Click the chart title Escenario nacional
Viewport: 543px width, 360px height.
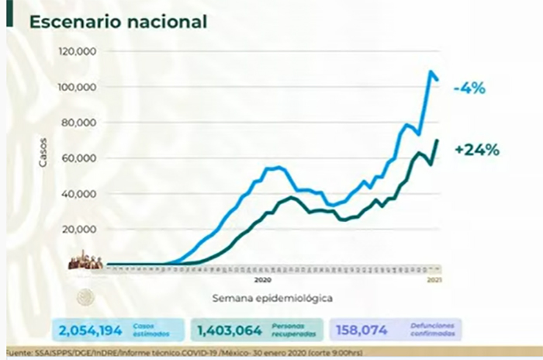(x=118, y=22)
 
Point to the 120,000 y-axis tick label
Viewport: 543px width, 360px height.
(x=76, y=51)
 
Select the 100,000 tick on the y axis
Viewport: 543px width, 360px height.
(x=76, y=87)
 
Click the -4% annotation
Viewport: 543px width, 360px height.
(x=469, y=88)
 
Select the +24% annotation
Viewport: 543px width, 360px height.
(x=477, y=150)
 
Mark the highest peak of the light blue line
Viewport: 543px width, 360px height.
(x=431, y=72)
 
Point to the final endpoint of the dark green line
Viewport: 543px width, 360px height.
(x=438, y=140)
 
